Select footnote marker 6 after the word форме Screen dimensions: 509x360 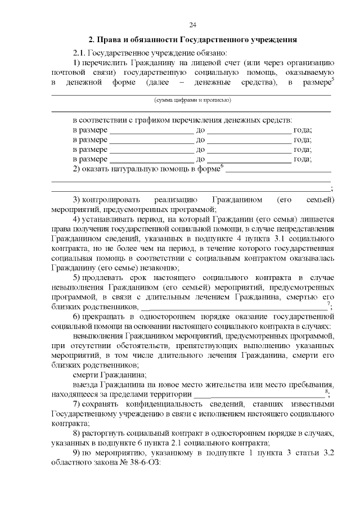[x=222, y=165]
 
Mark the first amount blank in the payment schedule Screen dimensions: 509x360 [x=151, y=130]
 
